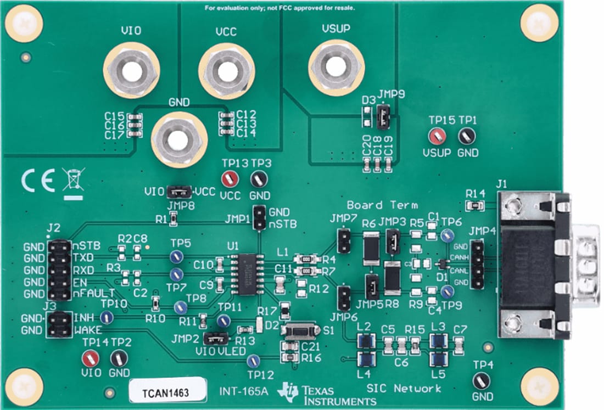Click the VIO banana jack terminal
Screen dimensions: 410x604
pos(131,71)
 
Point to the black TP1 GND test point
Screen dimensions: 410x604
pos(467,135)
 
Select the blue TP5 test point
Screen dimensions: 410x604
pos(176,256)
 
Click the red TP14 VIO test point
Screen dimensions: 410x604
pos(90,358)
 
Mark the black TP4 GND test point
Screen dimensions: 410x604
pos(481,379)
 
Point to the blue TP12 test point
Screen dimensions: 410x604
pos(253,361)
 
